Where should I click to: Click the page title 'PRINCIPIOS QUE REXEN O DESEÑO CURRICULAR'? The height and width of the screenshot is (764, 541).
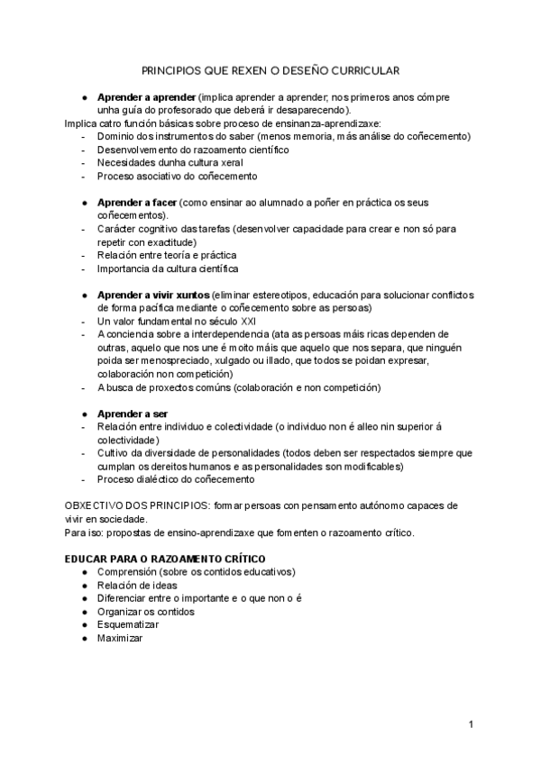(270, 69)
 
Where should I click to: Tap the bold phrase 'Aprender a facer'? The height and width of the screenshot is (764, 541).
(137, 203)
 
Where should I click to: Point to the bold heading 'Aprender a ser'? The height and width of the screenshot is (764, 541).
(133, 414)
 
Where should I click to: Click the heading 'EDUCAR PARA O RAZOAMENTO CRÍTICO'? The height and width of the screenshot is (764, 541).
(166, 559)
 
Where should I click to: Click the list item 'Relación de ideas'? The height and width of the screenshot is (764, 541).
(137, 585)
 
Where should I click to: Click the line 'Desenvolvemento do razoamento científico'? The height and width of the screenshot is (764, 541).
(193, 150)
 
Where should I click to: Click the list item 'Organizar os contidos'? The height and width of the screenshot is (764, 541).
(146, 611)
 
